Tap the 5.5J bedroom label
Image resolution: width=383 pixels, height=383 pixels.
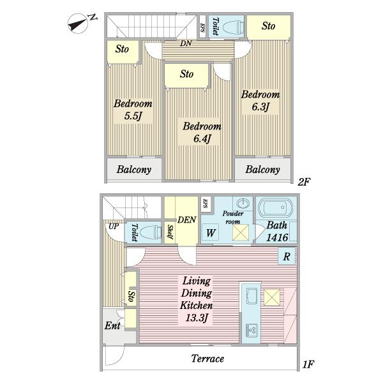(x=133, y=110)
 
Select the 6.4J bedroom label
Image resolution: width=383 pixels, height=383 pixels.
(x=202, y=132)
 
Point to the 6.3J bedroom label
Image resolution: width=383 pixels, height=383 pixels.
(x=260, y=101)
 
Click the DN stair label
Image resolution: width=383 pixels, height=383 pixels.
(x=186, y=43)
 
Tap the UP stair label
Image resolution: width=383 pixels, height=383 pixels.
(x=114, y=227)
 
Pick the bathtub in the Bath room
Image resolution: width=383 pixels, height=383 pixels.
(x=275, y=207)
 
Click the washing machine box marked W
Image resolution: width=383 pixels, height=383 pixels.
(x=211, y=232)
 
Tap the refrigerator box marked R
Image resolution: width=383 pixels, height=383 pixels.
(x=287, y=256)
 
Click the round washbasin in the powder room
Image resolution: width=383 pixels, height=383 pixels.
(x=243, y=204)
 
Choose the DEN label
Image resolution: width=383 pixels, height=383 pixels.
(x=187, y=220)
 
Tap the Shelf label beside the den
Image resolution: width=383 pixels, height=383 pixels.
(x=170, y=232)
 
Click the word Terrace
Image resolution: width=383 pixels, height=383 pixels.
(x=207, y=359)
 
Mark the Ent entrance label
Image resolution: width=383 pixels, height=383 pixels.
(x=112, y=326)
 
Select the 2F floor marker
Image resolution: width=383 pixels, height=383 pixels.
(x=304, y=182)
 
